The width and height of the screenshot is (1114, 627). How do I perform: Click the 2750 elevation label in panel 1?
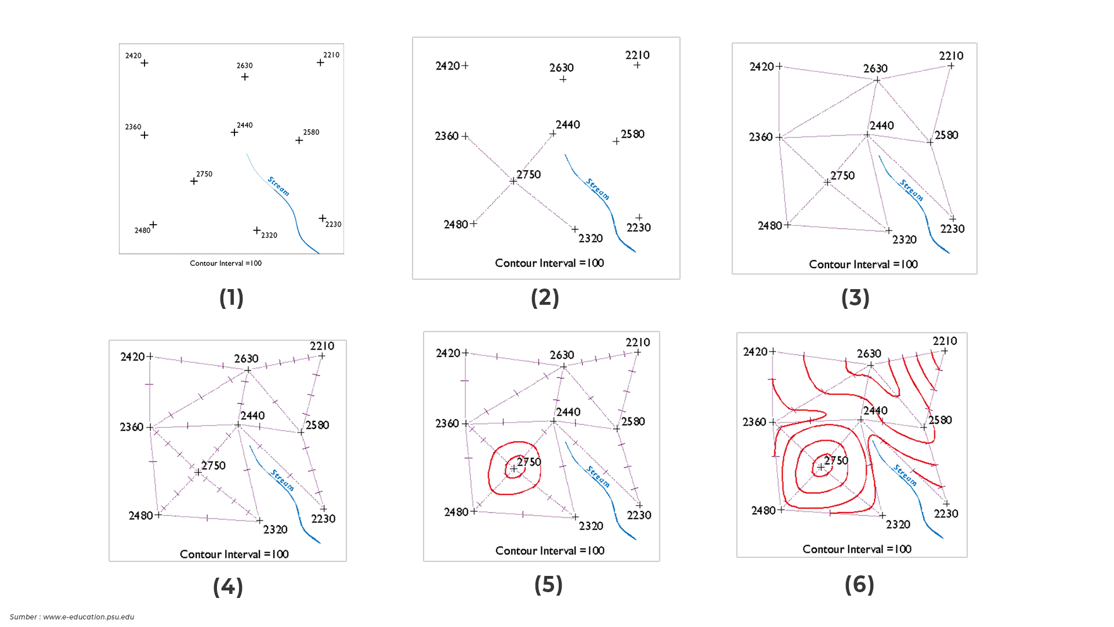pos(204,174)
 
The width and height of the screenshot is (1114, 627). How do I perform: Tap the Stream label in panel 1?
pos(278,186)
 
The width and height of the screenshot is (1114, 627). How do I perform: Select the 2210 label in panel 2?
pos(637,55)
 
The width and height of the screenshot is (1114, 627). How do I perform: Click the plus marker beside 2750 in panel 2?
pos(513,181)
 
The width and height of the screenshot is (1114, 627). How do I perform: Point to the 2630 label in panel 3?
pos(875,69)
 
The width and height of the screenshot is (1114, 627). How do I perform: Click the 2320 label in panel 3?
pos(904,240)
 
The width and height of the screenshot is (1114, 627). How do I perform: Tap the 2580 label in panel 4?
pos(317,425)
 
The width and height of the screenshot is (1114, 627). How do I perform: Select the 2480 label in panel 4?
pos(140,516)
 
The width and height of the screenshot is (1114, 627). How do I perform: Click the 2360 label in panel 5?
pos(447,423)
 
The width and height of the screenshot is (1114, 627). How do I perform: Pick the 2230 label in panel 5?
pos(639,515)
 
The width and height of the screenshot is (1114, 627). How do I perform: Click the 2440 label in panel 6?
pos(875,410)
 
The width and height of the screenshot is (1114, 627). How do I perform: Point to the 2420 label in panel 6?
pos(755,351)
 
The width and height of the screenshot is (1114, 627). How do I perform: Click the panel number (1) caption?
pos(231,298)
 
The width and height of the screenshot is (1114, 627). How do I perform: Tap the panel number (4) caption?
pos(227,587)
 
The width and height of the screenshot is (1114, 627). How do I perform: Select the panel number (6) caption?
pos(859,585)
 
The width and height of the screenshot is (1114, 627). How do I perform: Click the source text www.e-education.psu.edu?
pos(88,617)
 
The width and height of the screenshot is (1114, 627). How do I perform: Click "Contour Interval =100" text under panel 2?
pos(549,263)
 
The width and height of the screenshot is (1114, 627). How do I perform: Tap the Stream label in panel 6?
pos(905,475)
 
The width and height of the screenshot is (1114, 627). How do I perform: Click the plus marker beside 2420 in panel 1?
pos(144,63)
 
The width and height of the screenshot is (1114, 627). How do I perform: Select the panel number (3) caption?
pos(855,298)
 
